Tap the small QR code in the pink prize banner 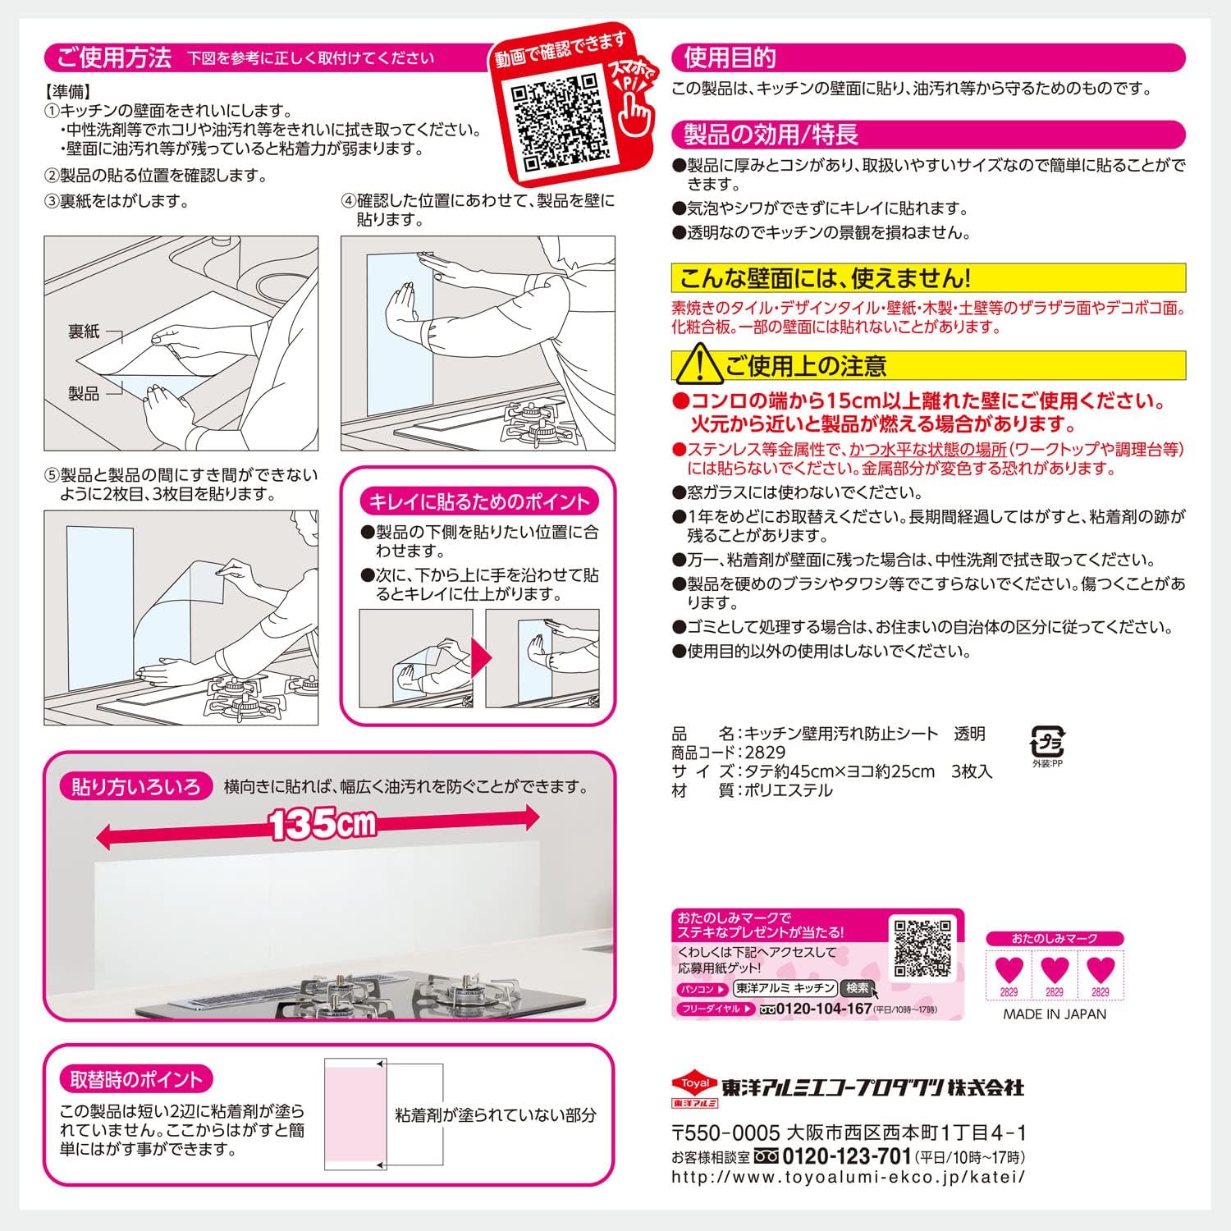pos(922,947)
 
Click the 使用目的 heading pos(730,57)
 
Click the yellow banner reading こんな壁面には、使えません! pos(927,278)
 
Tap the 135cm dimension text pos(321,824)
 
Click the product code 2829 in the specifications pos(764,753)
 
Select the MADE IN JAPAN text pos(1055,1014)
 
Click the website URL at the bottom pos(848,1177)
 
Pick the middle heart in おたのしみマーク pos(1055,971)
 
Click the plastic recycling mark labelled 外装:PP pos(1047,743)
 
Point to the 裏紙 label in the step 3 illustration pos(83,332)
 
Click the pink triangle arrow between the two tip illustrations pos(482,658)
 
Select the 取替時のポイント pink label pos(135,1079)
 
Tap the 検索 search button pos(858,989)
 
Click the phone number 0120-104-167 pos(823,1009)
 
